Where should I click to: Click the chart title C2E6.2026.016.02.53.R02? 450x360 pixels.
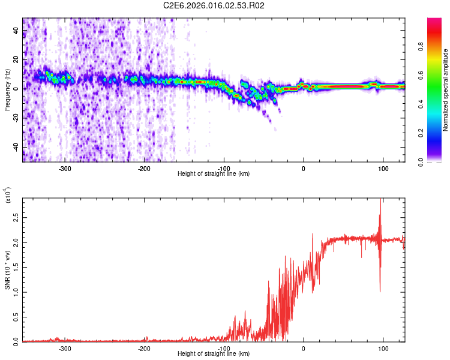[214, 6]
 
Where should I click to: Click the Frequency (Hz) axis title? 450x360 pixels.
[7, 90]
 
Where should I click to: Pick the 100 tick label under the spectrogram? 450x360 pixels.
[383, 168]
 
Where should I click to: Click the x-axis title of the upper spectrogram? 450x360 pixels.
[214, 174]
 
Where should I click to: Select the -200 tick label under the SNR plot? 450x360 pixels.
[144, 348]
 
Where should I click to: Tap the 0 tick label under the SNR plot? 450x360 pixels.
[304, 348]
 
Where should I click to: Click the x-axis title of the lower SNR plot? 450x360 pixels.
[214, 354]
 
